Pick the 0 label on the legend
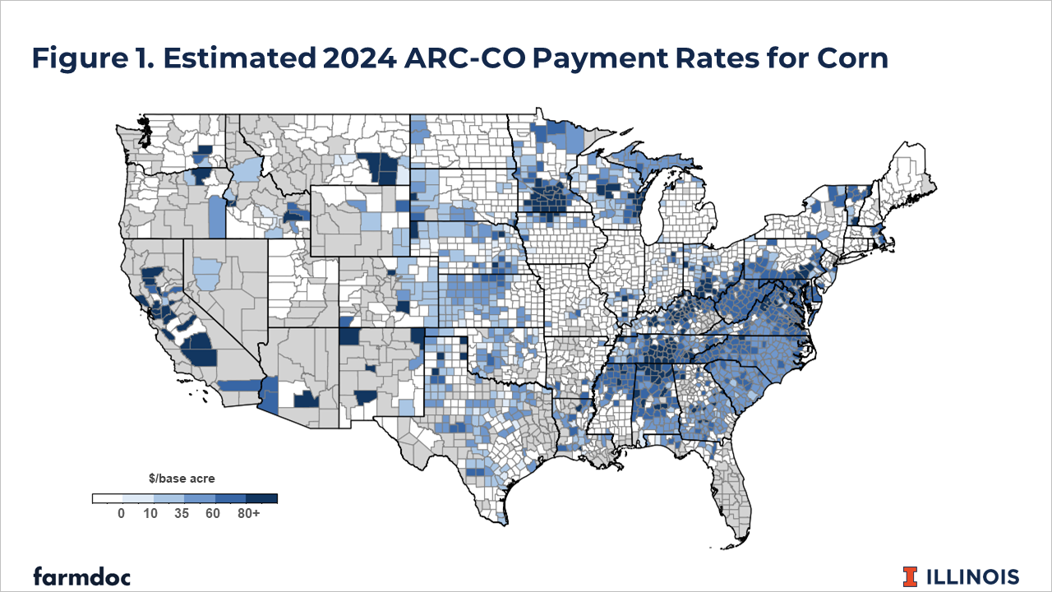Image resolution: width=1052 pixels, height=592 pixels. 121,513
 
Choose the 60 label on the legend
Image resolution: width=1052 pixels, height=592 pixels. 214,513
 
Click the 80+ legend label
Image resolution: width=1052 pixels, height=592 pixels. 248,513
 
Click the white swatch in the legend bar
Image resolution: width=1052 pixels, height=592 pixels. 107,498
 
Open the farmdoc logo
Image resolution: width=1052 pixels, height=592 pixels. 81,576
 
